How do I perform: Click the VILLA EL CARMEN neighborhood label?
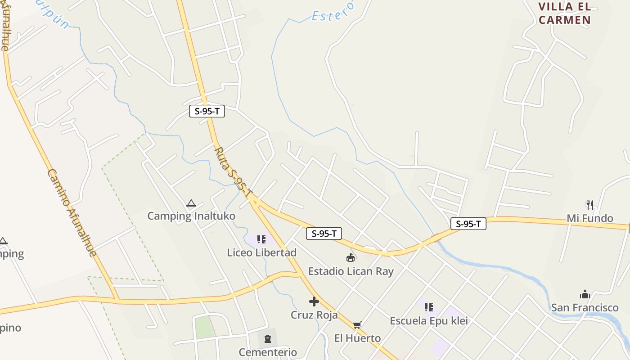(x=564, y=13)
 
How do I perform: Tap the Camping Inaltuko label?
(x=191, y=216)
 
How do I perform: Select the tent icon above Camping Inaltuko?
(x=191, y=203)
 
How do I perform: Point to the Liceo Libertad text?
(x=261, y=252)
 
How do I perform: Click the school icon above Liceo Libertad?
(x=261, y=239)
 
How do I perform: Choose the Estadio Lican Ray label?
(x=351, y=271)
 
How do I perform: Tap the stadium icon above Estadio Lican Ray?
(x=351, y=258)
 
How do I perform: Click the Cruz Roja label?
(x=314, y=315)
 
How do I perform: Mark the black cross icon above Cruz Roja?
(x=314, y=301)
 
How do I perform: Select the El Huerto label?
(x=357, y=338)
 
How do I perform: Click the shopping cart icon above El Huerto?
(x=357, y=325)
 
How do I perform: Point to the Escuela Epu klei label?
(x=428, y=321)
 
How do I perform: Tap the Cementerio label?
(x=268, y=352)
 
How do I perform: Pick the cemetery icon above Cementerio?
(x=268, y=339)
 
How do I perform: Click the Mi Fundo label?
(x=589, y=218)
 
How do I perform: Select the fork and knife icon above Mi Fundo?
(x=590, y=205)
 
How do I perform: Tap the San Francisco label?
(x=585, y=308)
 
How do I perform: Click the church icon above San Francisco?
(x=585, y=295)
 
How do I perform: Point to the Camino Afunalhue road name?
(x=72, y=213)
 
